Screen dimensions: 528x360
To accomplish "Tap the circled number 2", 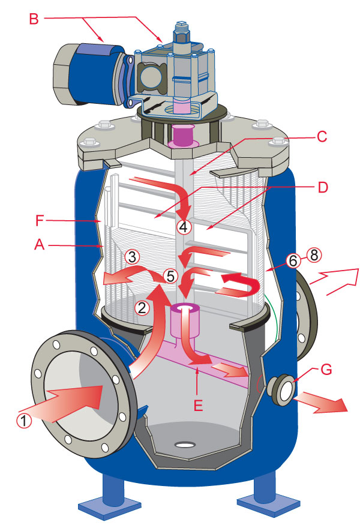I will (142, 308).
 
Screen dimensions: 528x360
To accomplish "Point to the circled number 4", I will (184, 227).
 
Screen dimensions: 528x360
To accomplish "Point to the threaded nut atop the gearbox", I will (180, 32).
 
